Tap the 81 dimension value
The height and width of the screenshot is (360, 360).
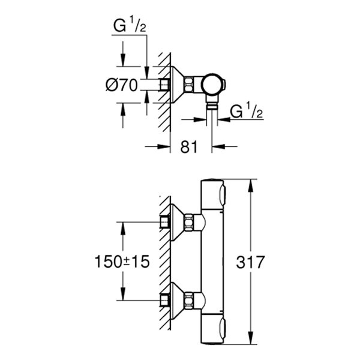point(189,145)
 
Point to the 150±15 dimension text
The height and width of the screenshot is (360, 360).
point(122,262)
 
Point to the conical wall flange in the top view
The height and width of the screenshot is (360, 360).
point(176,85)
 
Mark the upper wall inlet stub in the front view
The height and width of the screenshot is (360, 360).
point(164,223)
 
